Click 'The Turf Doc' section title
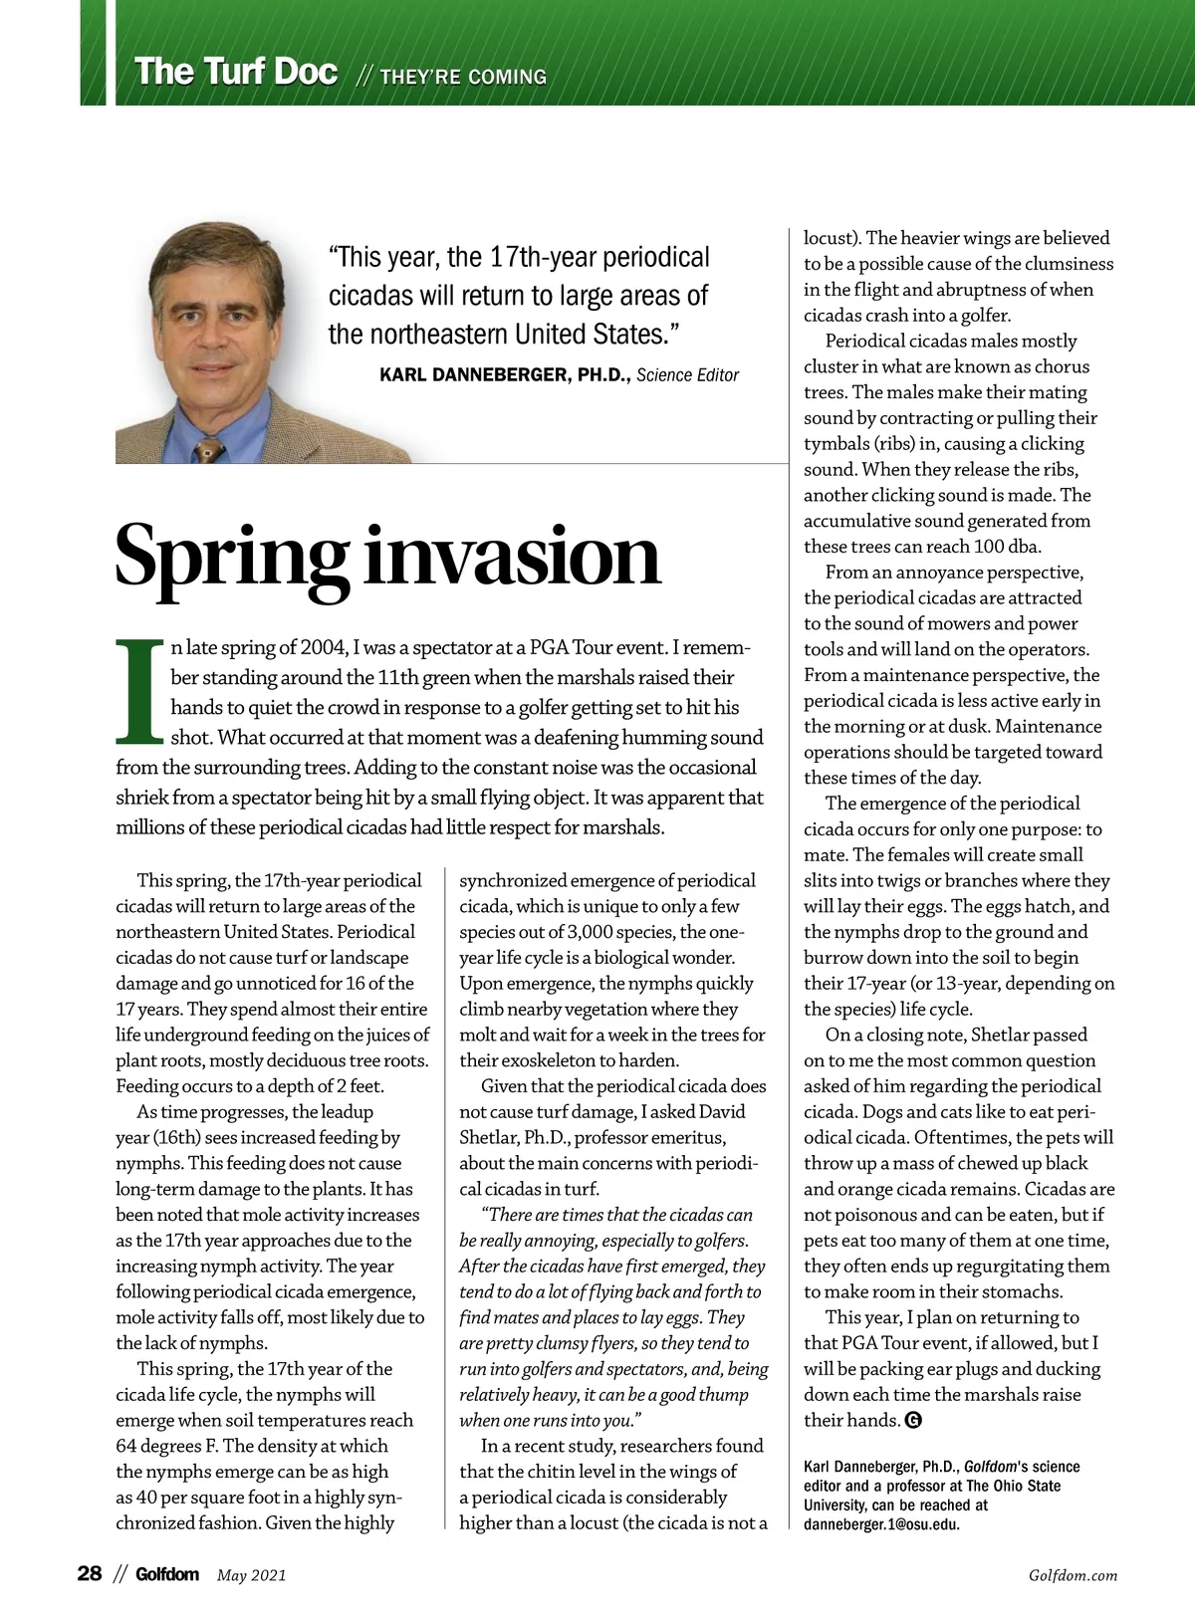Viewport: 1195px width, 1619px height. point(236,73)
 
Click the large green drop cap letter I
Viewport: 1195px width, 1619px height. point(139,691)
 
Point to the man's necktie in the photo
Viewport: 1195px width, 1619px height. point(210,449)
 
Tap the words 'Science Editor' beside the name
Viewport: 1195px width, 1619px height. point(688,375)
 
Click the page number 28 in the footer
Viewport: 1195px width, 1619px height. point(90,1574)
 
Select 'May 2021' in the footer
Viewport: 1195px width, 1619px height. point(252,1575)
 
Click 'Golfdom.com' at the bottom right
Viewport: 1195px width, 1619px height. point(1073,1575)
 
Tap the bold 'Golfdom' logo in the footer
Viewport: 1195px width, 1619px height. point(167,1574)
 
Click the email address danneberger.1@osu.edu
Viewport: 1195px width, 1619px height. point(881,1524)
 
